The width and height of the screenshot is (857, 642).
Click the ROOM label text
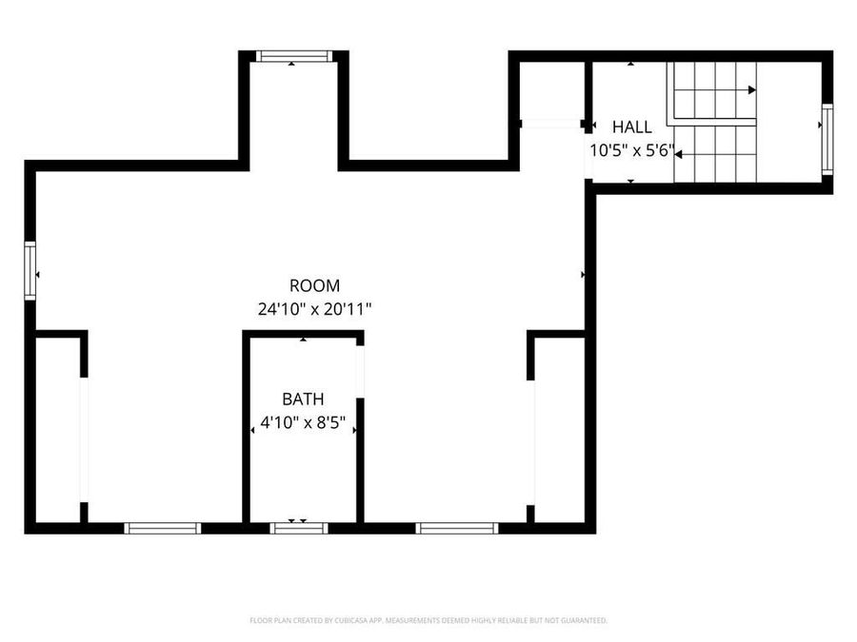click(314, 285)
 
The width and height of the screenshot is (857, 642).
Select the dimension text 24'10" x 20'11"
click(314, 308)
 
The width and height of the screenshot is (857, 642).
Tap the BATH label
click(303, 399)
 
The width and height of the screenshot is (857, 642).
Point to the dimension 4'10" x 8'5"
click(303, 422)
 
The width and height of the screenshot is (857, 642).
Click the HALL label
click(632, 126)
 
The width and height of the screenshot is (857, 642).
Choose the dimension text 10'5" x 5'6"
click(632, 149)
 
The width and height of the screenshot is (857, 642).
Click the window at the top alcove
click(291, 57)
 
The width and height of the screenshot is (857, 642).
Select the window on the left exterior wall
click(30, 271)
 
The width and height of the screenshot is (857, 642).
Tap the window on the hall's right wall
click(827, 139)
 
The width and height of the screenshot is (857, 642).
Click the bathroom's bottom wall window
click(299, 528)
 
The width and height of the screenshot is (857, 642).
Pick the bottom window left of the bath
click(163, 528)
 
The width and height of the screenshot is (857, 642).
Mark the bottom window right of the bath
click(457, 528)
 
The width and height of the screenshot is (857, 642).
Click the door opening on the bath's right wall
click(360, 371)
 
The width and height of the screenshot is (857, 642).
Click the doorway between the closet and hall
click(552, 124)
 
